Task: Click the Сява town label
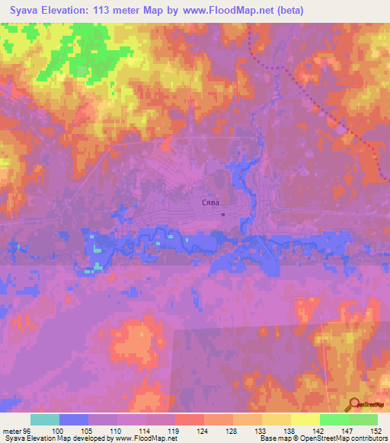click(210, 203)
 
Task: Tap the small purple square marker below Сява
click(222, 214)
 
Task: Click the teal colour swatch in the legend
click(45, 419)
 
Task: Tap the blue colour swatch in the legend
click(74, 419)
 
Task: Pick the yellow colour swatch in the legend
click(305, 419)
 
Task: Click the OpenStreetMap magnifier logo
click(353, 404)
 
